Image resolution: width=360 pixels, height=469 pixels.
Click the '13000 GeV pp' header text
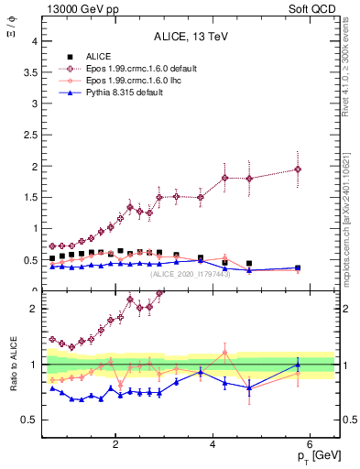point(80,8)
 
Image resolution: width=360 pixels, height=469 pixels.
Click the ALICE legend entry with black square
point(73,56)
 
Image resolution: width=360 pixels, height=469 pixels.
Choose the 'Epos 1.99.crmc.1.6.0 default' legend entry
point(121,68)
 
